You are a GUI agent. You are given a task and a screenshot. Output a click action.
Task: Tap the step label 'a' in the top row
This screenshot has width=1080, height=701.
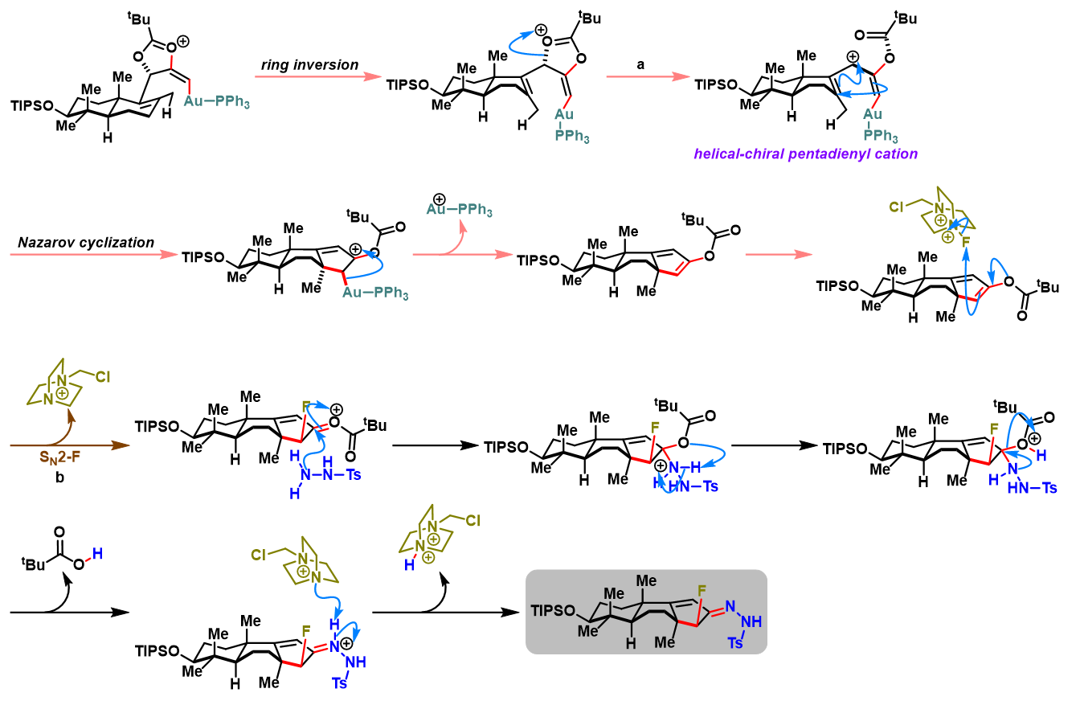pos(640,63)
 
